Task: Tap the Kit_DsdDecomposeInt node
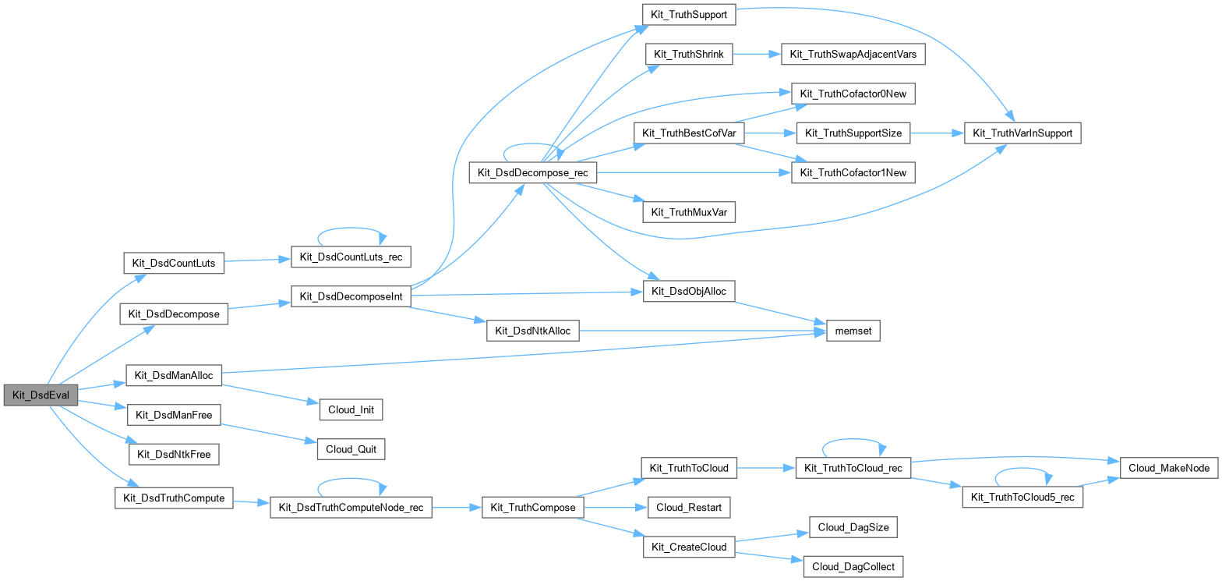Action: (351, 296)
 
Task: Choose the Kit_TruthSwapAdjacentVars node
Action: (852, 54)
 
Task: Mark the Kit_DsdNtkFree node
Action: (174, 454)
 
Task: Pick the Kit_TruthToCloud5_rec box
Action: (1022, 497)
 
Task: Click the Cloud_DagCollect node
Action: (853, 566)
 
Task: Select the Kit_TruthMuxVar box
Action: (689, 211)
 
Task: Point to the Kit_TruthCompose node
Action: (533, 507)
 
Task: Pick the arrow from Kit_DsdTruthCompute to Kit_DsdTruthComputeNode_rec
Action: (251, 502)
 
